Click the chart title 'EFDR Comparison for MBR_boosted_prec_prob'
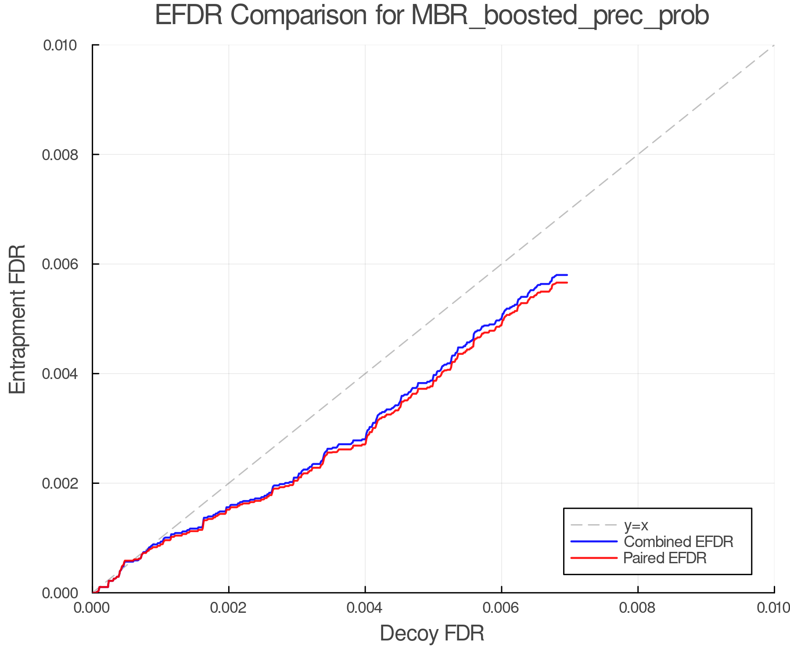(432, 16)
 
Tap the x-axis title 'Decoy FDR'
(432, 633)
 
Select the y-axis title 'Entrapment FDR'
(18, 319)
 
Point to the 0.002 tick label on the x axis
(229, 608)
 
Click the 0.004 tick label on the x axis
(365, 608)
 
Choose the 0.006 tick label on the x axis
(501, 608)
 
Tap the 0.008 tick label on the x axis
(638, 608)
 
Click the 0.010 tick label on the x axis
(773, 608)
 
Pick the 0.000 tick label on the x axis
(92, 608)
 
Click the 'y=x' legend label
(636, 525)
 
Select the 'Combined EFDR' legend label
(678, 542)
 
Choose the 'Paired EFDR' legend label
(665, 558)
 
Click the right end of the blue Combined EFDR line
(567, 275)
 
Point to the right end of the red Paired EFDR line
(567, 283)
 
